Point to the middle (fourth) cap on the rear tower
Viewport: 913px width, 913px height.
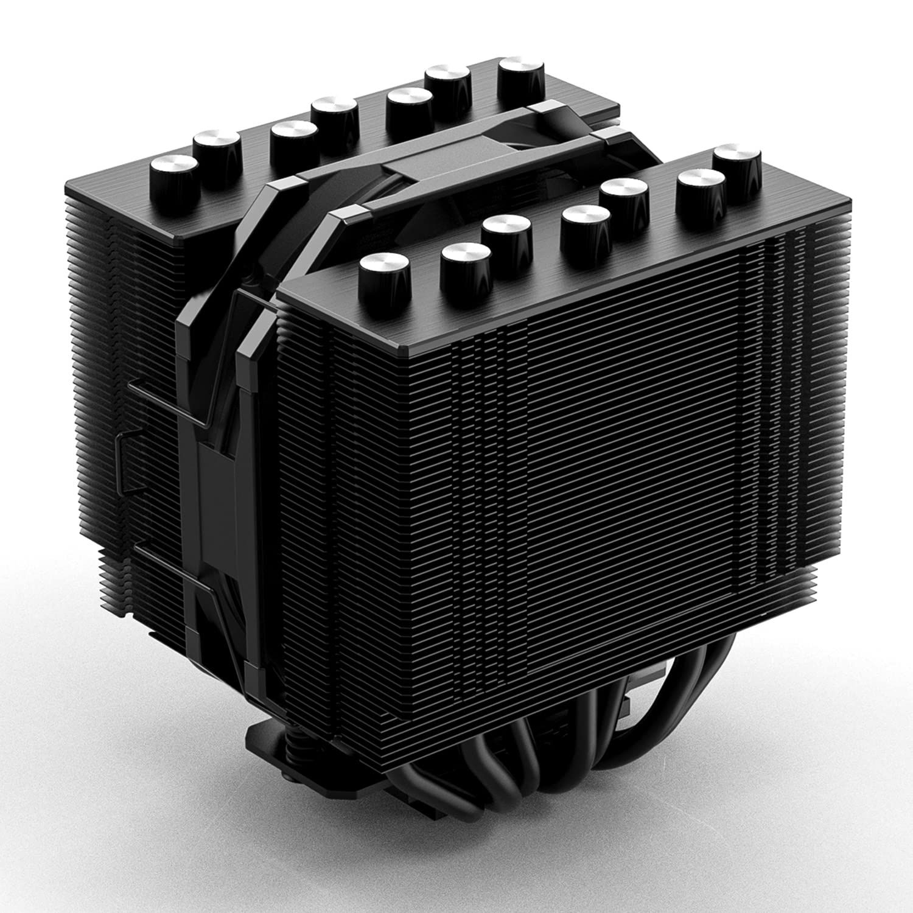click(x=333, y=115)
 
